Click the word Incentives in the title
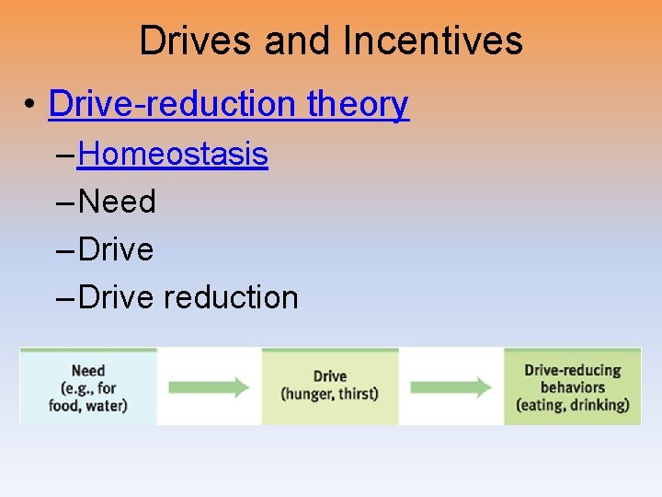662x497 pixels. [x=433, y=41]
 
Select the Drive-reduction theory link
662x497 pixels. [x=228, y=104]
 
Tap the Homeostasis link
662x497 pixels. [x=173, y=154]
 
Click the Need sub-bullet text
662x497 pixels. [x=118, y=202]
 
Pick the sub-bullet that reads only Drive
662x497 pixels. [x=117, y=249]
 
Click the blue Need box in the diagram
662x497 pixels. [x=88, y=387]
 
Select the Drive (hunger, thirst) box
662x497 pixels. [x=329, y=387]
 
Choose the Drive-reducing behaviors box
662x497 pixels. [x=572, y=387]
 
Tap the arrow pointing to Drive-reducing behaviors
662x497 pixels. [x=451, y=387]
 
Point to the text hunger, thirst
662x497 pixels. [x=329, y=395]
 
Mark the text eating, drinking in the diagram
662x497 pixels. [x=572, y=404]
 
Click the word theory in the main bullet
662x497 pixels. [x=358, y=104]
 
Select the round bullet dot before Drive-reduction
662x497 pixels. [x=31, y=106]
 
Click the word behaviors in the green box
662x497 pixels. [x=572, y=387]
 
